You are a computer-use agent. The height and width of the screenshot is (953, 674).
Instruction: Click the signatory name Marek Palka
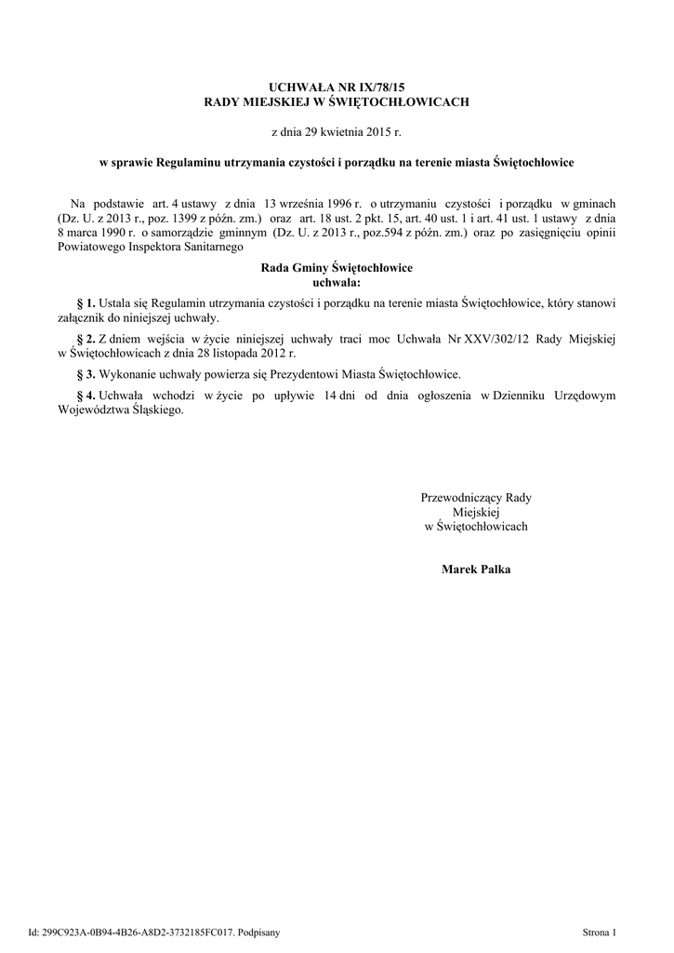click(476, 568)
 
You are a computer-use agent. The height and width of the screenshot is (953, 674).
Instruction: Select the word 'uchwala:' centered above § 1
click(337, 281)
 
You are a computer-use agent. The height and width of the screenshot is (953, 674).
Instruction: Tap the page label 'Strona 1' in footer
click(599, 932)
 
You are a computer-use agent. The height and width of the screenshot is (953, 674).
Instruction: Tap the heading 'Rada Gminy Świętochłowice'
click(337, 268)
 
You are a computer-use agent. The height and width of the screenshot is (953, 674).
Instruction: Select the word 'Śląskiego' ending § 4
click(153, 409)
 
